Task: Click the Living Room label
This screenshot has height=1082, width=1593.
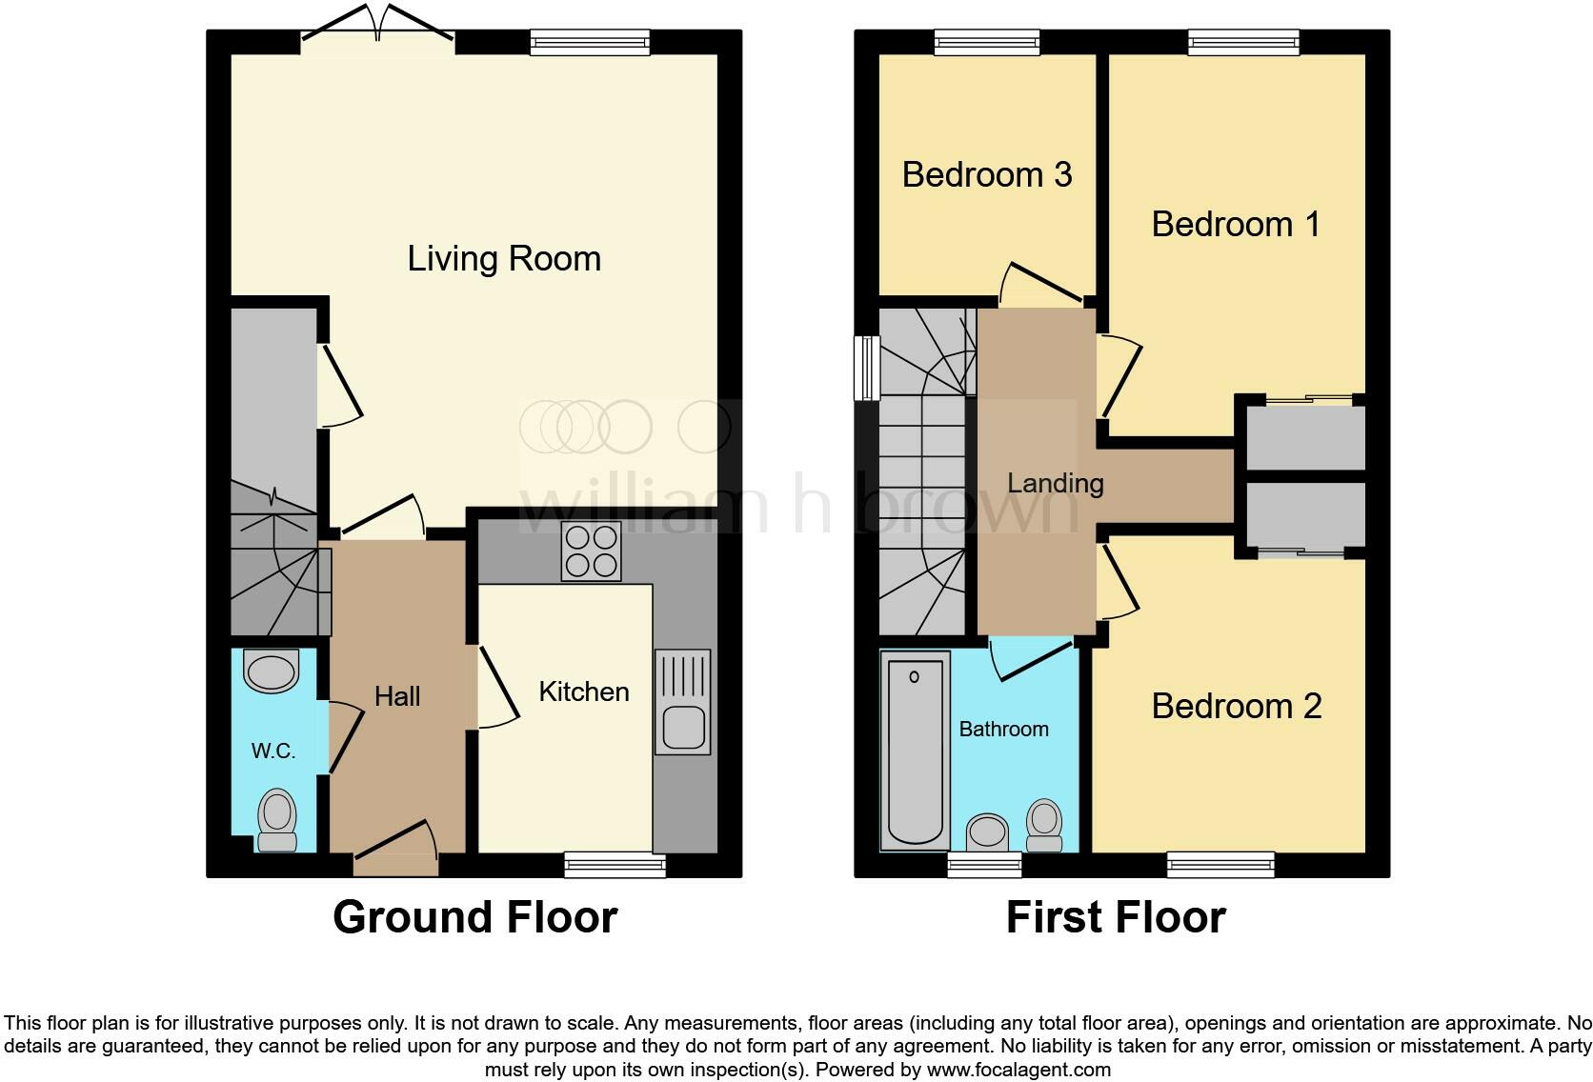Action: point(504,259)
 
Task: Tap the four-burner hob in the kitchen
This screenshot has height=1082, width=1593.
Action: point(591,551)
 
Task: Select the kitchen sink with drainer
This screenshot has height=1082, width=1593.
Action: point(682,702)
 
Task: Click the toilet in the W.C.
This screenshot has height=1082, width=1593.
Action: point(277,818)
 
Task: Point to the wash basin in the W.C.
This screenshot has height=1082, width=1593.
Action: point(272,671)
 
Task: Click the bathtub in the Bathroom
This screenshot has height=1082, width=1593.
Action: point(915,750)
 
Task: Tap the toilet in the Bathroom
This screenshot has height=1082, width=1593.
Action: point(1044,824)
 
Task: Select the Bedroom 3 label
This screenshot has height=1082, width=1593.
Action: point(987,175)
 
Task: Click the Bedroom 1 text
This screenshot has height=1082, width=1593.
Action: point(1236,225)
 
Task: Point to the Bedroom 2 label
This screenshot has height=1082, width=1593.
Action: point(1236,707)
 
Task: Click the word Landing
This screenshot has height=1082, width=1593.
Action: point(1055,484)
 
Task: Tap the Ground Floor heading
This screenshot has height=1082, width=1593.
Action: point(474,917)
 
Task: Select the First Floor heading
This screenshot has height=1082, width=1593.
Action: point(1115,917)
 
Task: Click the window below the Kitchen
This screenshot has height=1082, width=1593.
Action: point(615,864)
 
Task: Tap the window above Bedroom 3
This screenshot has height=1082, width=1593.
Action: point(986,42)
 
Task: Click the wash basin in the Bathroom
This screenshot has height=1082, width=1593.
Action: point(987,832)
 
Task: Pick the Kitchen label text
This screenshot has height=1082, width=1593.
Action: point(584,692)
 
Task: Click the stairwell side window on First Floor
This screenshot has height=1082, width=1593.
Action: point(867,368)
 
